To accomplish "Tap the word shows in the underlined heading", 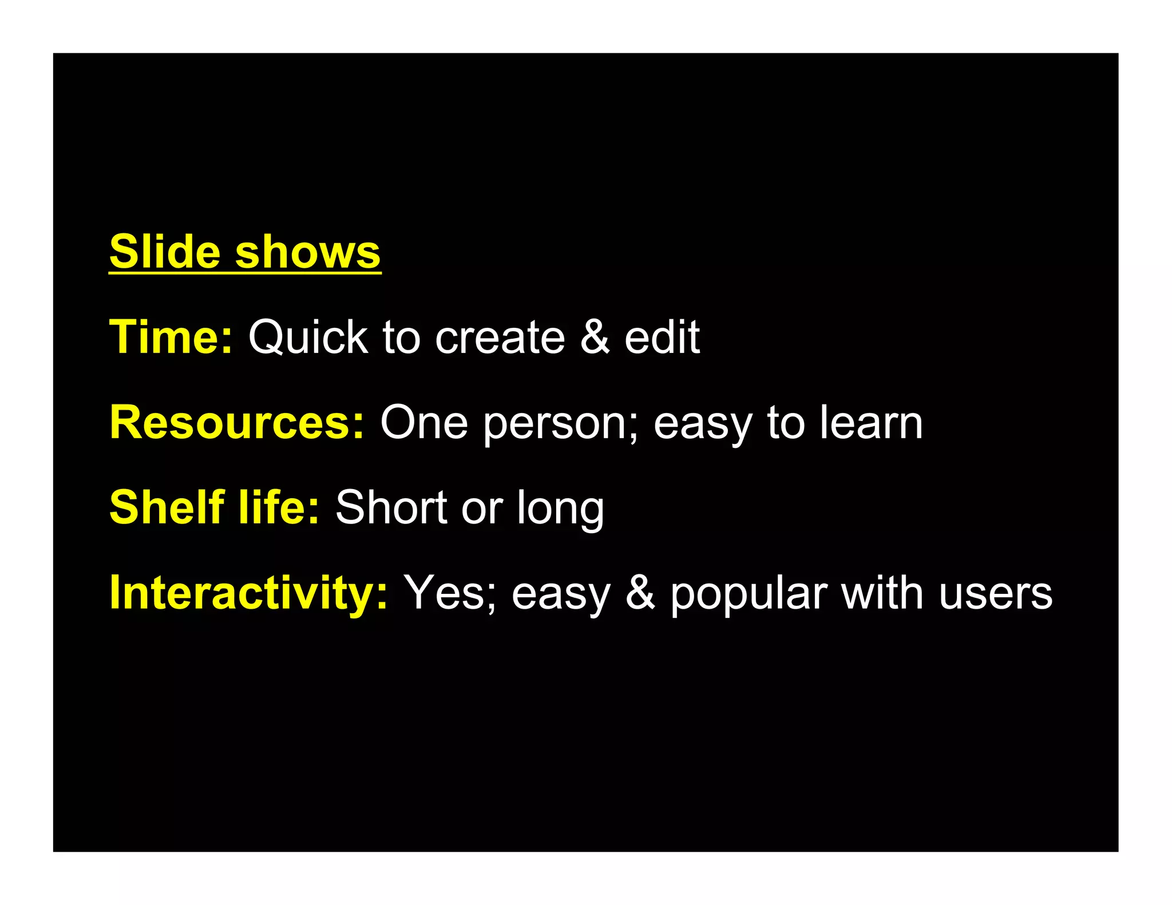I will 308,253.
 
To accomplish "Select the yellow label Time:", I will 171,337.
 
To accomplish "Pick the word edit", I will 662,337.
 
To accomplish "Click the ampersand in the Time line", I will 595,337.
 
